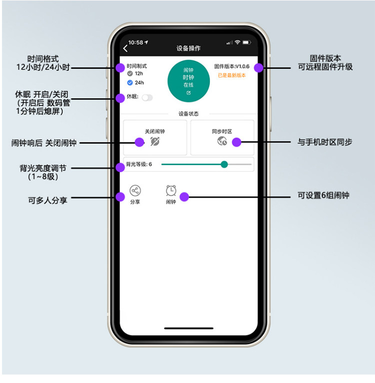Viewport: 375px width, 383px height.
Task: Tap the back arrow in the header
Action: [x=125, y=48]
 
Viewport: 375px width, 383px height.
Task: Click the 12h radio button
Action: [x=130, y=73]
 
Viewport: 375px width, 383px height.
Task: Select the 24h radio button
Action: [x=130, y=82]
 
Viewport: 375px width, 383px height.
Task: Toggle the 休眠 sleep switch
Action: [x=147, y=97]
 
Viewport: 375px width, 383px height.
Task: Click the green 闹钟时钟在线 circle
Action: [x=188, y=81]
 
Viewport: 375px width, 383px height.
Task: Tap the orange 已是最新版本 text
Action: [x=231, y=75]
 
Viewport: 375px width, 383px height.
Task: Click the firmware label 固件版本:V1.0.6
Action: [x=231, y=66]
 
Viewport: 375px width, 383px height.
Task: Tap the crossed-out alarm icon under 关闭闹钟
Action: [x=155, y=141]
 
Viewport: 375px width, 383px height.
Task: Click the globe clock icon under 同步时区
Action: [x=222, y=141]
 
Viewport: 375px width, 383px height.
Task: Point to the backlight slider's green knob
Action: [x=224, y=164]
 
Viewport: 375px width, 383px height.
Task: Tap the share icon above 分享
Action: [x=135, y=190]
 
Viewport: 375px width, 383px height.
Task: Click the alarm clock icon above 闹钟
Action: [x=171, y=190]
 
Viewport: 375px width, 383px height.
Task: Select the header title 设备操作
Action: [x=188, y=48]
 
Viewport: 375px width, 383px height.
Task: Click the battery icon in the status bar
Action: [x=246, y=42]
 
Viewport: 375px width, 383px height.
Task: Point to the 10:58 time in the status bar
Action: [x=135, y=42]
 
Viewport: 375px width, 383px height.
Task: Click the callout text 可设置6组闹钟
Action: [x=323, y=195]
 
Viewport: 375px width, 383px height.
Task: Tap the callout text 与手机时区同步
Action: [x=325, y=142]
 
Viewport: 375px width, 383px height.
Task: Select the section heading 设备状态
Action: [x=188, y=113]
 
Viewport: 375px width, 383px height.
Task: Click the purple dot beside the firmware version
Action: [x=258, y=67]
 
